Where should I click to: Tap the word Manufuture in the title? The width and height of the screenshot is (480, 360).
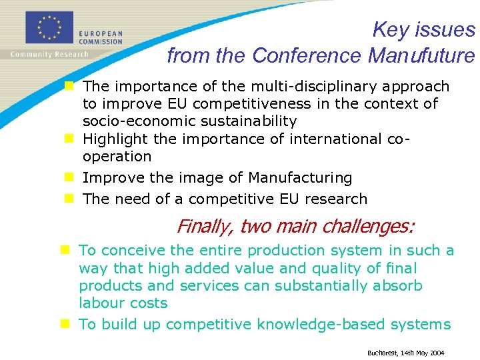click(421, 56)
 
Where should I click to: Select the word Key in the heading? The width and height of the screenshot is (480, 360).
click(390, 30)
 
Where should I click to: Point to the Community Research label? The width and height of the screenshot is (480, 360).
click(49, 54)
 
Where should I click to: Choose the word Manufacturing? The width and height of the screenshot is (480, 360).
click(300, 178)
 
